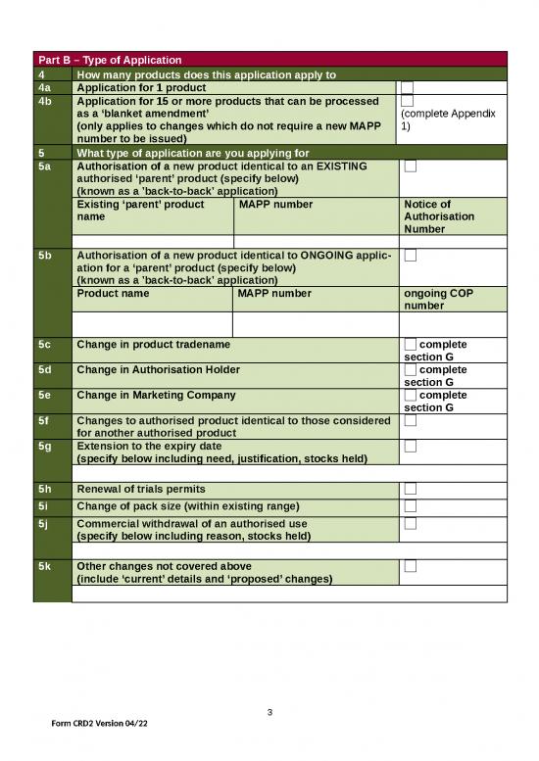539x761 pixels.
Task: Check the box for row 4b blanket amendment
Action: point(409,101)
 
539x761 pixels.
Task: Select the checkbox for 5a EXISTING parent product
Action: point(411,166)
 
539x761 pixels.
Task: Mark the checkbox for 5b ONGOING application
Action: point(411,256)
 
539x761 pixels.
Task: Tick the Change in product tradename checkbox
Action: point(411,345)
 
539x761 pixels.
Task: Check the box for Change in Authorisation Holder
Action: point(411,370)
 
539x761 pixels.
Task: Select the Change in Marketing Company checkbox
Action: point(411,396)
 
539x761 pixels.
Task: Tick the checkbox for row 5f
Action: point(411,421)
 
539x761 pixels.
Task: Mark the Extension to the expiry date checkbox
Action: point(411,447)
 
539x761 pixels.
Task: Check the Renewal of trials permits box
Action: point(411,489)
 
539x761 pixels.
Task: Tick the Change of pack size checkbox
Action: point(411,505)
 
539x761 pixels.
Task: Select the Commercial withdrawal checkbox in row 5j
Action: point(411,524)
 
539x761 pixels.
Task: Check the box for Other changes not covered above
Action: point(411,566)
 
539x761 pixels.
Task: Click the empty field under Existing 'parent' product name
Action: point(152,241)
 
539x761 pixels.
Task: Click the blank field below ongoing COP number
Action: point(454,324)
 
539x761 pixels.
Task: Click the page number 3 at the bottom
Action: point(269,711)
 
